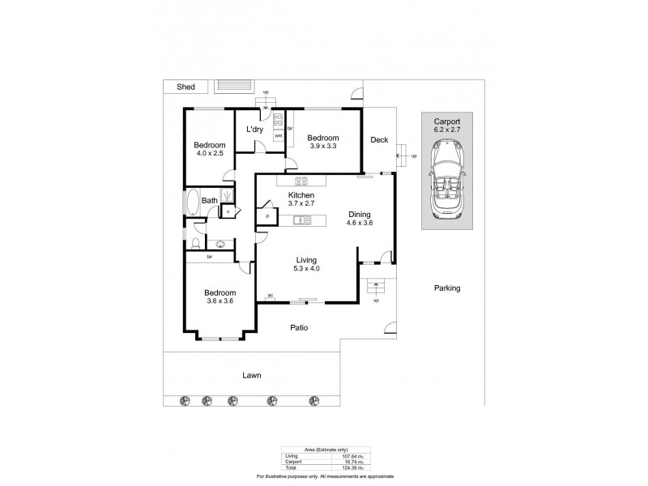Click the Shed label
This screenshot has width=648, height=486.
tap(175, 86)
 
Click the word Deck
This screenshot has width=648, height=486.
tap(380, 140)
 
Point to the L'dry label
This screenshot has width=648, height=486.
tap(254, 130)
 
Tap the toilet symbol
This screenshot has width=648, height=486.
tap(197, 244)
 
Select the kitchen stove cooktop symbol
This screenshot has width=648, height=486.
tap(301, 181)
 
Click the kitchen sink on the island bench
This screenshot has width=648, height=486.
tap(302, 219)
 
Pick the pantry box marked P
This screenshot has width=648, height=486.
tap(266, 217)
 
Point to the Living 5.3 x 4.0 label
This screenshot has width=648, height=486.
tap(305, 263)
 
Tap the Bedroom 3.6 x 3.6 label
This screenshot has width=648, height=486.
tap(220, 297)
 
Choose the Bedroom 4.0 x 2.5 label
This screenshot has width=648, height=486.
tap(208, 149)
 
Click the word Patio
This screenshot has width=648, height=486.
tap(302, 328)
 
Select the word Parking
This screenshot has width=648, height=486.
tap(446, 288)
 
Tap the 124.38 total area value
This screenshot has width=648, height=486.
tap(347, 468)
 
